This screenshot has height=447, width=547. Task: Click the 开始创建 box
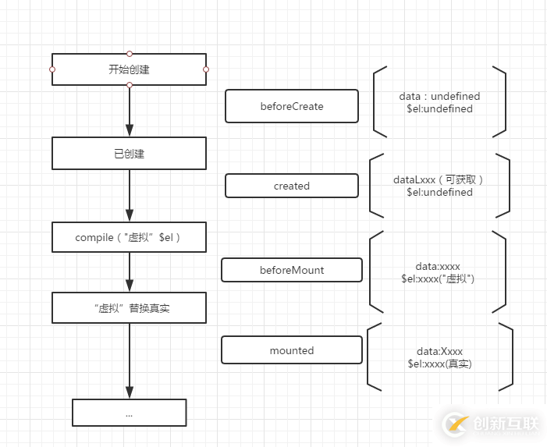pyautogui.click(x=129, y=69)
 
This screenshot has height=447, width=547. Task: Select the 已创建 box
pyautogui.click(x=129, y=154)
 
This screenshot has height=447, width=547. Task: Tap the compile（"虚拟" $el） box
pyautogui.click(x=129, y=237)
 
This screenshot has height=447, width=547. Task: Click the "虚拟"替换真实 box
pyautogui.click(x=129, y=308)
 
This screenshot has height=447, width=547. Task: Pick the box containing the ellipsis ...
pyautogui.click(x=129, y=413)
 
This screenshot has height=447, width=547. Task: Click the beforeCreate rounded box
pyautogui.click(x=291, y=106)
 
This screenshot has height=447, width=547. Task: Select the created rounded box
pyautogui.click(x=291, y=186)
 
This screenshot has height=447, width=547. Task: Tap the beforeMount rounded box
pyautogui.click(x=291, y=270)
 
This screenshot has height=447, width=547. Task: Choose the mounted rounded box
pyautogui.click(x=291, y=350)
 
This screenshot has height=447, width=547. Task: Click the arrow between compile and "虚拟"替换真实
pyautogui.click(x=130, y=272)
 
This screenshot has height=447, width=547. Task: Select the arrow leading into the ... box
pyautogui.click(x=130, y=360)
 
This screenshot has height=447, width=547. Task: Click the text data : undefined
pyautogui.click(x=439, y=96)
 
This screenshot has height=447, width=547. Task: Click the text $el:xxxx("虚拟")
pyautogui.click(x=437, y=278)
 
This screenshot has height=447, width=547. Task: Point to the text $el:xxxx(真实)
pyautogui.click(x=439, y=364)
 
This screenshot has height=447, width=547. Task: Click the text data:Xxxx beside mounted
pyautogui.click(x=439, y=351)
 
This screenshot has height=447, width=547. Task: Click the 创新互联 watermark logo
pyautogui.click(x=492, y=424)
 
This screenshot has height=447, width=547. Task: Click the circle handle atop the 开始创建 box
pyautogui.click(x=130, y=54)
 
